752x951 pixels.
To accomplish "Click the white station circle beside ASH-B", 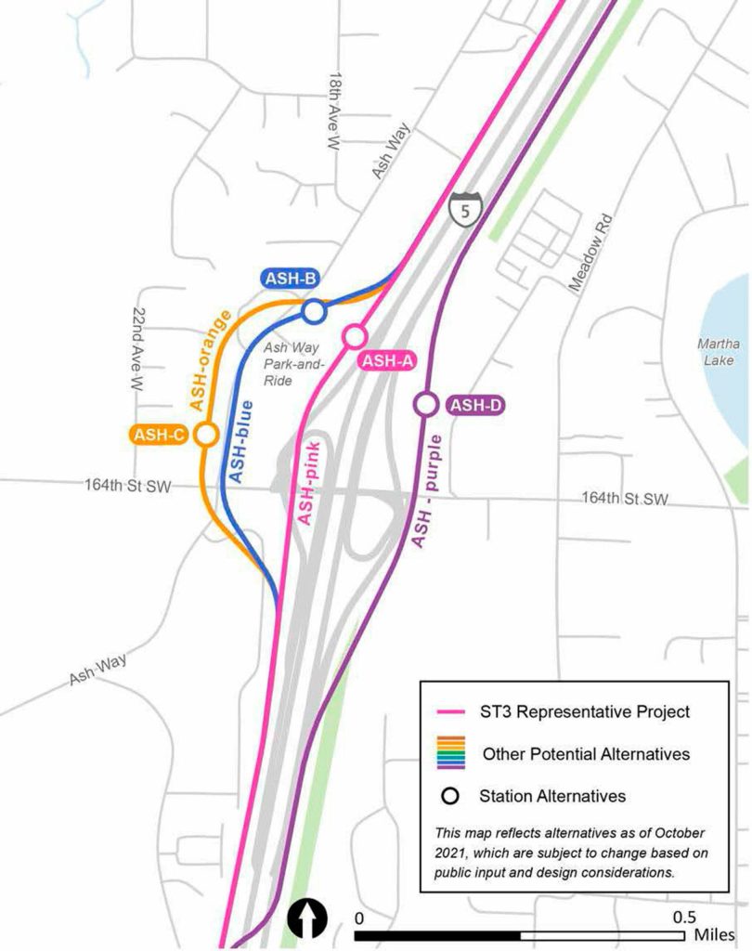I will click(314, 312).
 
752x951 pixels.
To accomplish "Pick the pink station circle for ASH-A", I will click(354, 335).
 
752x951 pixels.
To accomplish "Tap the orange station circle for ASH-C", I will click(206, 434).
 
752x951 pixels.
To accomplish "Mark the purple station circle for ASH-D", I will click(425, 404).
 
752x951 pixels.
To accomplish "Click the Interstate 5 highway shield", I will click(462, 209).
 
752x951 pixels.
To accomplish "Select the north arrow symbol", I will click(306, 919).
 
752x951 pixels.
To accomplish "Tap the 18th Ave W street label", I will click(334, 113).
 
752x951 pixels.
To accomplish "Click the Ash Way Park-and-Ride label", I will click(279, 364).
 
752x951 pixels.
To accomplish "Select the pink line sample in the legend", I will click(450, 712).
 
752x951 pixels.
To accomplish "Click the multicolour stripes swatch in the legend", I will click(450, 754).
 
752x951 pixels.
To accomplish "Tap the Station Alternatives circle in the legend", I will click(450, 796).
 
